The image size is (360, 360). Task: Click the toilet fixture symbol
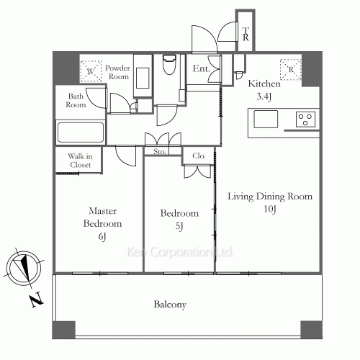pyautogui.click(x=169, y=65)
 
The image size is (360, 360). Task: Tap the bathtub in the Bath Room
pyautogui.click(x=81, y=132)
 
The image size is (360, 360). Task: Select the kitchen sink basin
pyautogui.click(x=266, y=119)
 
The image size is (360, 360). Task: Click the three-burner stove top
pyautogui.click(x=305, y=120)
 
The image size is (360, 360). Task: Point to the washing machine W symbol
pyautogui.click(x=91, y=71)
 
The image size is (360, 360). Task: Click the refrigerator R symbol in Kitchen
pyautogui.click(x=291, y=70)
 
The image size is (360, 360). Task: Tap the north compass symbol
pyautogui.click(x=24, y=268)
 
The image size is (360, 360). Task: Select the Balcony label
pyautogui.click(x=170, y=305)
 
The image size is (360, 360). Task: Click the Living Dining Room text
pyautogui.click(x=270, y=197)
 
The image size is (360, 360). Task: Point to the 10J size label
pyautogui.click(x=270, y=209)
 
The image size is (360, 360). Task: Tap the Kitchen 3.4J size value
pyautogui.click(x=264, y=96)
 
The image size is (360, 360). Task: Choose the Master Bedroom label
pyautogui.click(x=102, y=217)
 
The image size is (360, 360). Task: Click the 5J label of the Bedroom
pyautogui.click(x=179, y=226)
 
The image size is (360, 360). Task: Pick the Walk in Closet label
pyautogui.click(x=80, y=161)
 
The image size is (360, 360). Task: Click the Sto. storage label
pyautogui.click(x=160, y=151)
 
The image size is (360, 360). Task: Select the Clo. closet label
pyautogui.click(x=199, y=156)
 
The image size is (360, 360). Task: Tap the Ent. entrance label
pyautogui.click(x=202, y=68)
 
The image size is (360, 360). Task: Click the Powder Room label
pyautogui.click(x=117, y=72)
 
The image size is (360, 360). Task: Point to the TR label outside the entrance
pyautogui.click(x=246, y=34)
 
